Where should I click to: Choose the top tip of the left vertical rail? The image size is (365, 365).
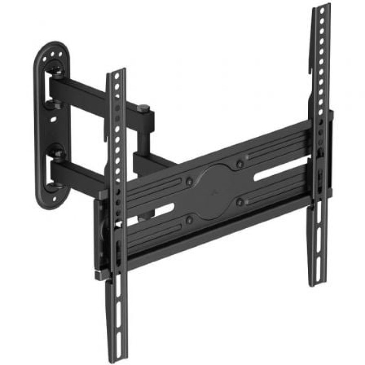(116, 72)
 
